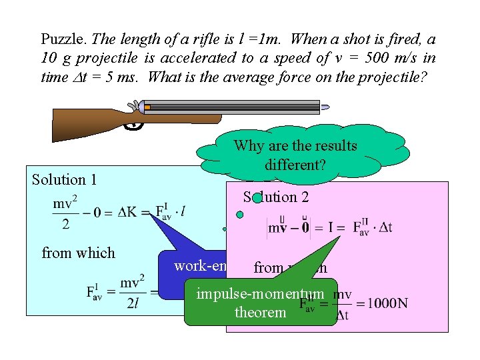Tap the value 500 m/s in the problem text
[375, 58]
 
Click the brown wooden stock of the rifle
[87, 123]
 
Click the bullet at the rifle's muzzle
[325, 107]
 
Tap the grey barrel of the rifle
[233, 107]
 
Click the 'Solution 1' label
[64, 179]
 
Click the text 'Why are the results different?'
[295, 155]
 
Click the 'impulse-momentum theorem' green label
[260, 303]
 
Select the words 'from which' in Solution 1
[78, 253]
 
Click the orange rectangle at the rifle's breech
[147, 107]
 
